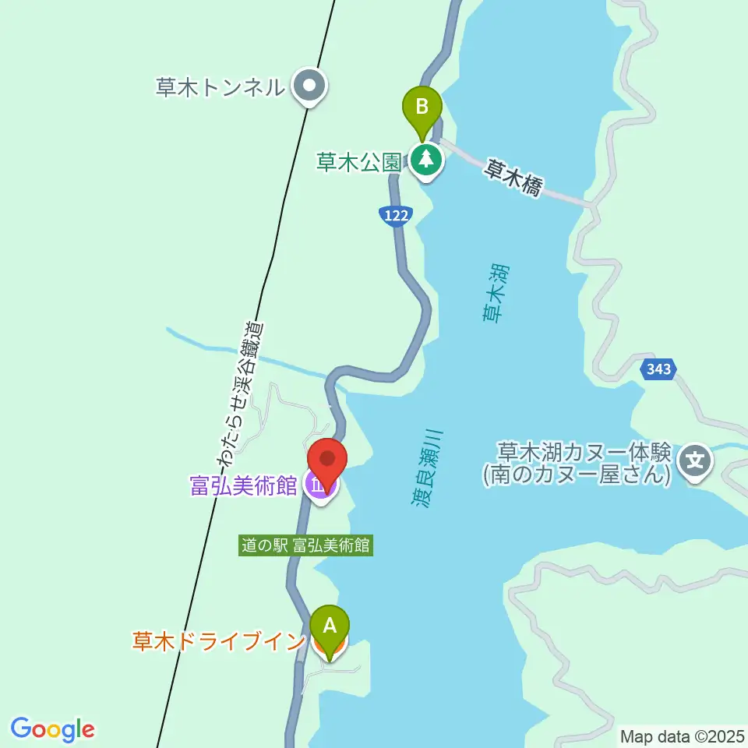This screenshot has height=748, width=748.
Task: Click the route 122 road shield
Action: (396, 216)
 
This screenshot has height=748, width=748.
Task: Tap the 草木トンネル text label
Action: (221, 86)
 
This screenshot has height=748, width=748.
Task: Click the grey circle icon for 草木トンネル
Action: (309, 86)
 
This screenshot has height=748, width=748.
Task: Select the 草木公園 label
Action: (359, 161)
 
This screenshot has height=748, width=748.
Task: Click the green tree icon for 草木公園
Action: (426, 161)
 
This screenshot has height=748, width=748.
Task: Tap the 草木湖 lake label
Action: (494, 292)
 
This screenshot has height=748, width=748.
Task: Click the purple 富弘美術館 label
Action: (244, 486)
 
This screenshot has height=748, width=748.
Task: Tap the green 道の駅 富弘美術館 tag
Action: (306, 545)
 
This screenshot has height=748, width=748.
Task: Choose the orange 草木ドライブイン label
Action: (218, 641)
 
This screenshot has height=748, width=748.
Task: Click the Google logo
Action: (52, 729)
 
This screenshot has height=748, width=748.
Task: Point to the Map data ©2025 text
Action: (682, 736)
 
